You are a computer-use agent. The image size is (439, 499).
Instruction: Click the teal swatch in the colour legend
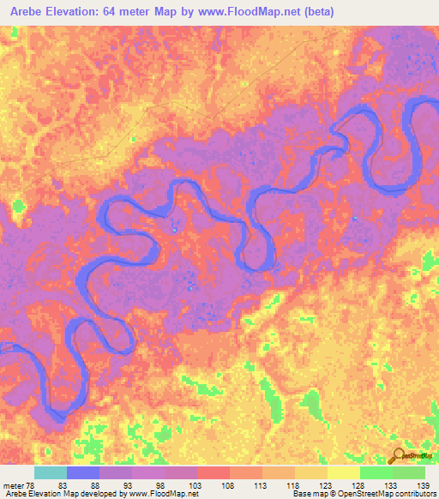[x=50, y=472]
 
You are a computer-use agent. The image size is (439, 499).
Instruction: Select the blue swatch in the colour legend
[x=82, y=472]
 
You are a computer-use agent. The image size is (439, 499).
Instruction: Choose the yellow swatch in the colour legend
[x=343, y=472]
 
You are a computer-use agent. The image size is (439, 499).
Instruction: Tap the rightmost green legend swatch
[x=408, y=472]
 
